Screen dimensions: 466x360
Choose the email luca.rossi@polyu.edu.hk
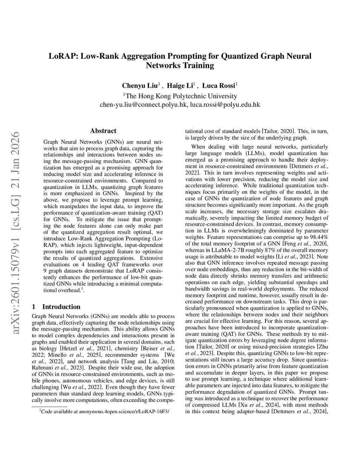tap(225, 104)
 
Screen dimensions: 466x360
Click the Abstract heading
tap(103, 131)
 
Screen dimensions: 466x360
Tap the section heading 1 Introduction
tap(56, 307)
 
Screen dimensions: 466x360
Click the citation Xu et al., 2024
tap(257, 405)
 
